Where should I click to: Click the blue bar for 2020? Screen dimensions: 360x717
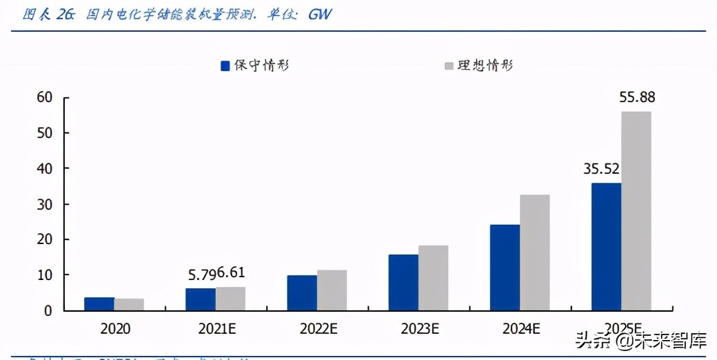[99, 303]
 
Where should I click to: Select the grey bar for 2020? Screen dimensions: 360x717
[129, 304]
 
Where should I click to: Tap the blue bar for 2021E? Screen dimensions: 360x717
[201, 299]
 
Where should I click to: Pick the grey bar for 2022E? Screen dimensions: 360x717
[332, 290]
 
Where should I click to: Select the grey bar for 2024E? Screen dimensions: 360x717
[534, 252]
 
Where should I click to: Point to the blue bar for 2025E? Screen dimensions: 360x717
[606, 247]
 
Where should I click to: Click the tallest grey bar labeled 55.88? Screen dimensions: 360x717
[636, 211]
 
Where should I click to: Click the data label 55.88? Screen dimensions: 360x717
[637, 97]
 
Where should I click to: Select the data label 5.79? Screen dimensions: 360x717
[201, 274]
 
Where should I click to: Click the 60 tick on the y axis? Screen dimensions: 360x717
[45, 97]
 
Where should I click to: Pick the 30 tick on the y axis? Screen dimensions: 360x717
[45, 204]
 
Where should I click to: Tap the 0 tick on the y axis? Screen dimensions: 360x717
[48, 311]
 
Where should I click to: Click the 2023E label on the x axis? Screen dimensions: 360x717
[419, 329]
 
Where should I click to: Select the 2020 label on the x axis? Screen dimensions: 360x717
[114, 329]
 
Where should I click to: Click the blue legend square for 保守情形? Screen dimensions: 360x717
[225, 66]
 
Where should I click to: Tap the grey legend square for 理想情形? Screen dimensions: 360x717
[449, 66]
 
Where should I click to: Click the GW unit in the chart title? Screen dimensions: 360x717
[319, 14]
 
